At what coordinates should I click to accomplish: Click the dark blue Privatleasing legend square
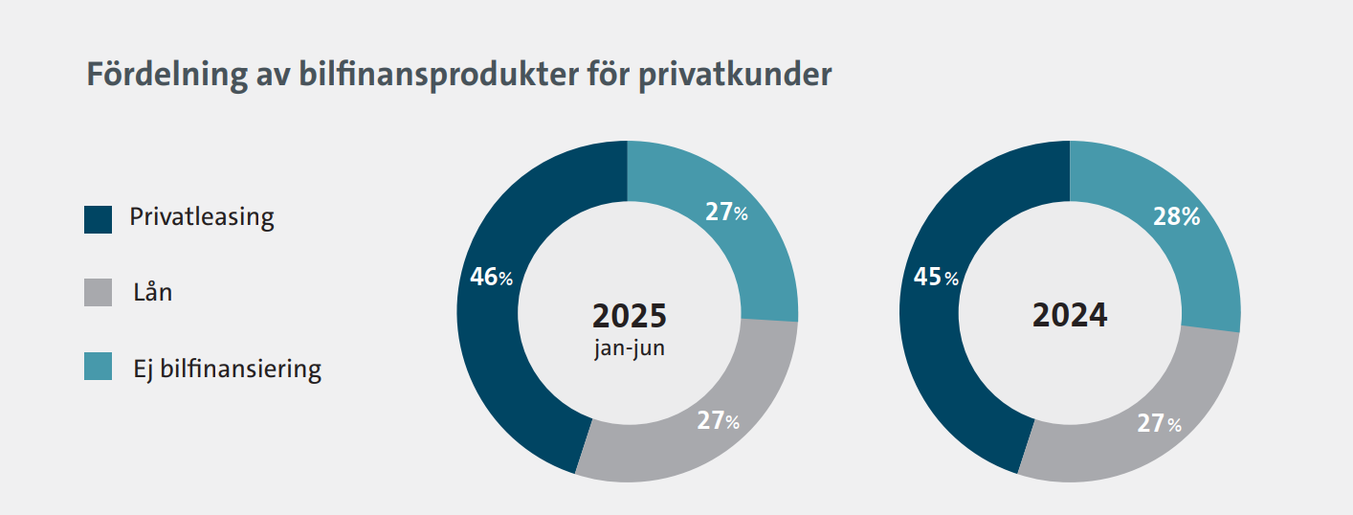pyautogui.click(x=99, y=219)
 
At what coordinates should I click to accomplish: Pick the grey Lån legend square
pyautogui.click(x=99, y=293)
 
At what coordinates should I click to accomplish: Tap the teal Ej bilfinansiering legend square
pyautogui.click(x=99, y=367)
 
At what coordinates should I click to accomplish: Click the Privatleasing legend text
pyautogui.click(x=202, y=218)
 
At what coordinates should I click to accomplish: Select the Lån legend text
pyautogui.click(x=153, y=292)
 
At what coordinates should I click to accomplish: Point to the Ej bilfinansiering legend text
pyautogui.click(x=228, y=368)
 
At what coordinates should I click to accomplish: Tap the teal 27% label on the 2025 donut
pyautogui.click(x=726, y=213)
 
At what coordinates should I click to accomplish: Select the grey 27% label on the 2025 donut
pyautogui.click(x=718, y=421)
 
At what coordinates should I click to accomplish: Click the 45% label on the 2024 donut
pyautogui.click(x=936, y=278)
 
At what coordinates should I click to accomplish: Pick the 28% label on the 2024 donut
pyautogui.click(x=1176, y=216)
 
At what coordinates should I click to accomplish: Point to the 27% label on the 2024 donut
pyautogui.click(x=1159, y=424)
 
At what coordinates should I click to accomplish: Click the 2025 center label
pyautogui.click(x=629, y=315)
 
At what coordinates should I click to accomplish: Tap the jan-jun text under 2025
pyautogui.click(x=629, y=347)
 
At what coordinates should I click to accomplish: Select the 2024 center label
pyautogui.click(x=1070, y=315)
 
